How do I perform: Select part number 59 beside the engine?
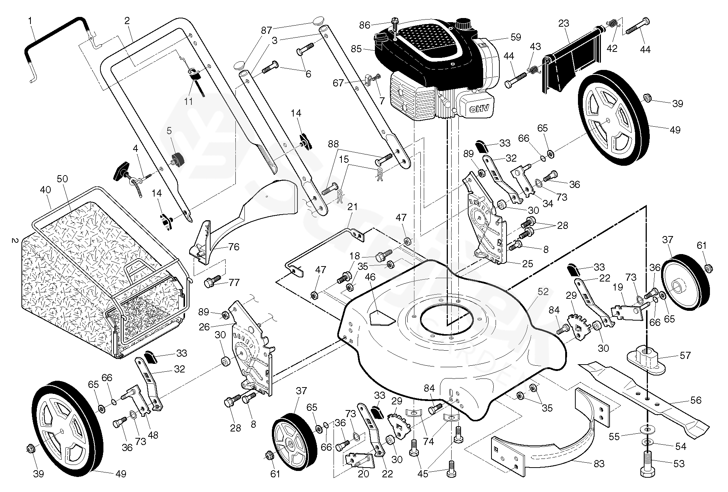[x=516, y=37]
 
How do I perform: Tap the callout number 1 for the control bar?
[x=30, y=21]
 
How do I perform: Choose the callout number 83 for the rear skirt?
[x=599, y=463]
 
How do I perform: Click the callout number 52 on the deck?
[x=543, y=292]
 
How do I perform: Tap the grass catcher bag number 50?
[x=62, y=179]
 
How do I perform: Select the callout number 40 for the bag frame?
[x=45, y=190]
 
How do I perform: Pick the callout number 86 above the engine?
[x=364, y=26]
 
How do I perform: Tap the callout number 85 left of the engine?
[x=356, y=49]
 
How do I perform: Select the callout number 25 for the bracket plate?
[x=528, y=264]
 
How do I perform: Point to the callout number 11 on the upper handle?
[x=188, y=101]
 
